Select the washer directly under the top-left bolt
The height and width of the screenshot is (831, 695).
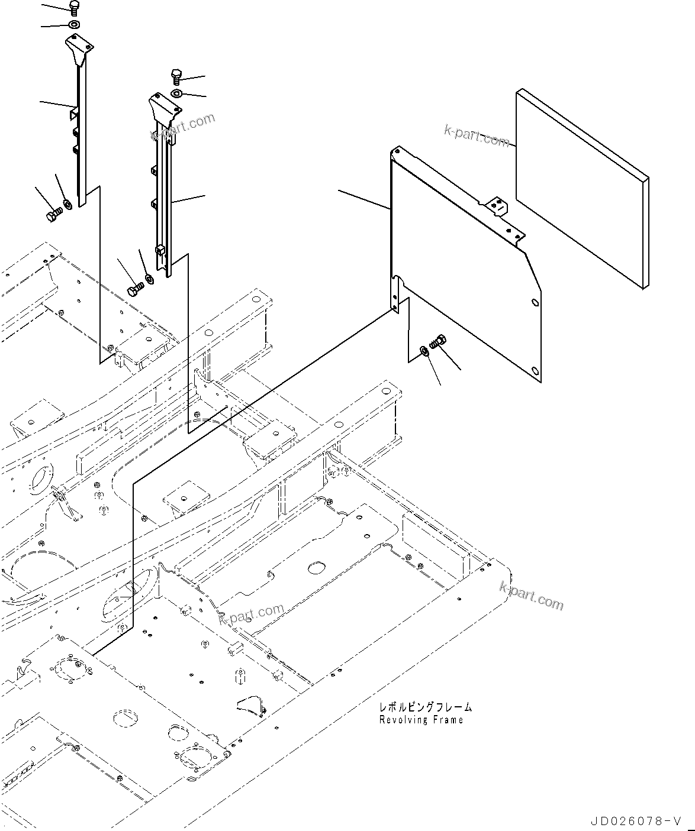click(75, 25)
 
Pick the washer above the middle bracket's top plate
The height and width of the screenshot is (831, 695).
click(177, 94)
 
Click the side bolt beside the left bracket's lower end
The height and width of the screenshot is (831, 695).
click(53, 215)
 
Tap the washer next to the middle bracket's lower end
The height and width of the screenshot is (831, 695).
click(149, 278)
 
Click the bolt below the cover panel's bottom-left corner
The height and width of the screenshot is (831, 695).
click(439, 341)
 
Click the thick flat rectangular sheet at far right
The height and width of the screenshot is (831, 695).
click(582, 189)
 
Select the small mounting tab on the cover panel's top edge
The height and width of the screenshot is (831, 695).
click(497, 206)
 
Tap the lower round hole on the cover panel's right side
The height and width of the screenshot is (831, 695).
click(535, 371)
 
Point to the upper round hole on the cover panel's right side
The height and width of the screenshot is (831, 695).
click(535, 303)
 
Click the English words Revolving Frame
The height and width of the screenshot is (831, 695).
click(421, 720)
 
